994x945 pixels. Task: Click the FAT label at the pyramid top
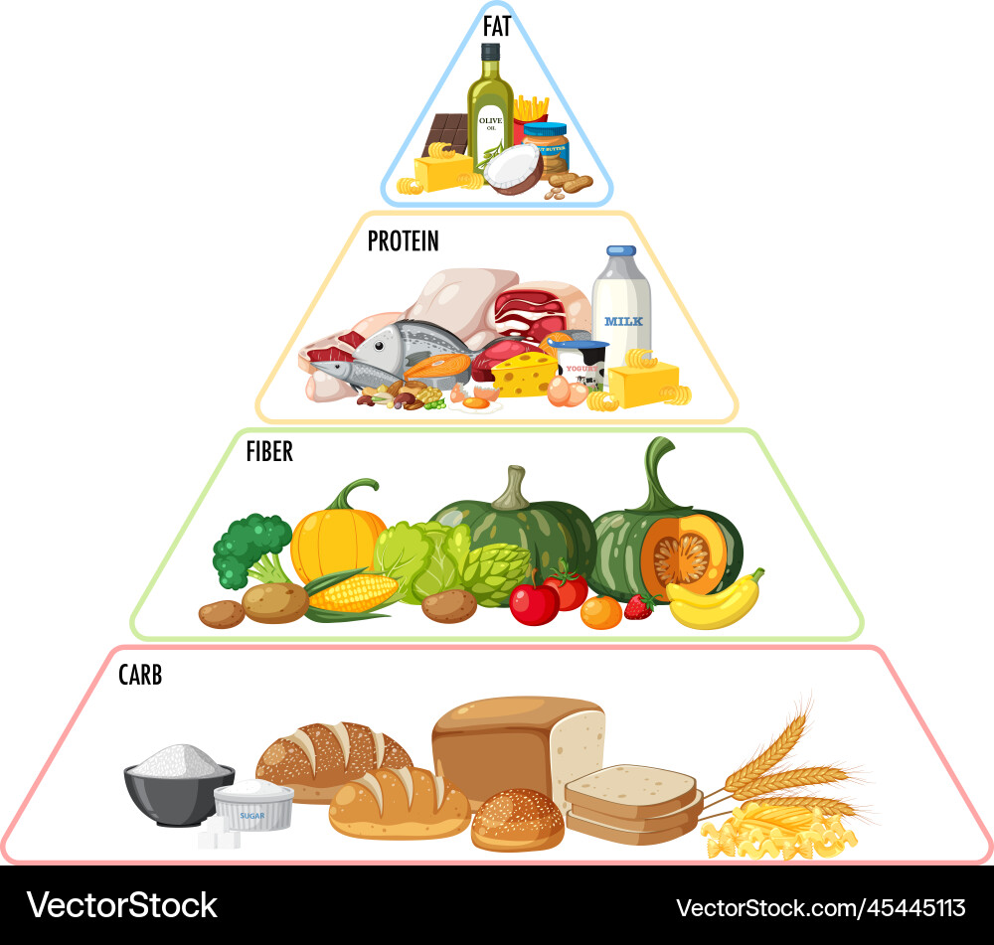coord(497,26)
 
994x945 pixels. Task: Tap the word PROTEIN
coord(403,240)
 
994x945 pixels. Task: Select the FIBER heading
coord(269,451)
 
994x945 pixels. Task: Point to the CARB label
coord(139,676)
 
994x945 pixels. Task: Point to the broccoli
coord(248,547)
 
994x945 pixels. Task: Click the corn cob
coord(353,593)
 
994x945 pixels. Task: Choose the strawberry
coord(639,606)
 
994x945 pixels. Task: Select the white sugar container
coord(254,805)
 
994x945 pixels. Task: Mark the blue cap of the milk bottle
coord(621,251)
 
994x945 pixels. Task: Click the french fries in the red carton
coord(532,111)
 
